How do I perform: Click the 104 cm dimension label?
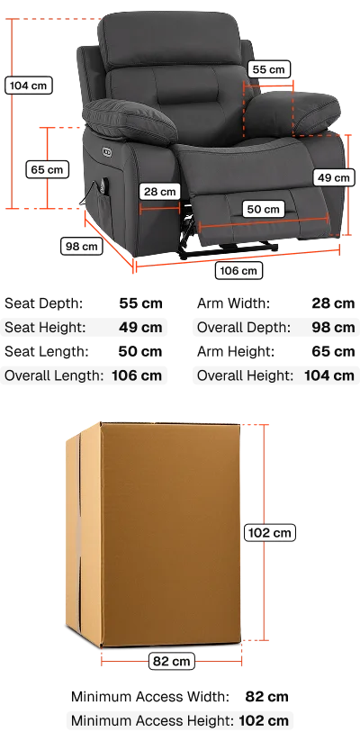28,86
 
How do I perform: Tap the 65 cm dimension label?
47,169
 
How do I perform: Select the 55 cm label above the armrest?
269,69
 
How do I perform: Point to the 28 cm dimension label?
159,192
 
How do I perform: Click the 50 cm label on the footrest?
264,209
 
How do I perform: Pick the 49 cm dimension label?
334,177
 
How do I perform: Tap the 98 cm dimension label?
82,246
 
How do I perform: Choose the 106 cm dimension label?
238,271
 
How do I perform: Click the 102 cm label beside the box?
270,533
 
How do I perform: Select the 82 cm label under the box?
172,661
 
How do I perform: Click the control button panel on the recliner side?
106,151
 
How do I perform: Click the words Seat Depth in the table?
43,303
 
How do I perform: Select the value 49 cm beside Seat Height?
140,327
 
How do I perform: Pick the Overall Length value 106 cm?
137,375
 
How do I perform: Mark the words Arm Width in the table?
233,303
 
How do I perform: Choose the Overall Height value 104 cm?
329,375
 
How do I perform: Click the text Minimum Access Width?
150,697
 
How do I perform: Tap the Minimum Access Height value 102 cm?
264,720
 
